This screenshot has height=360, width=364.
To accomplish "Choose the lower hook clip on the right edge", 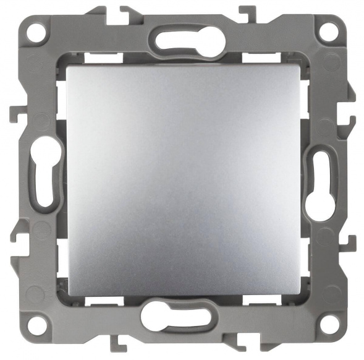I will (350, 240).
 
